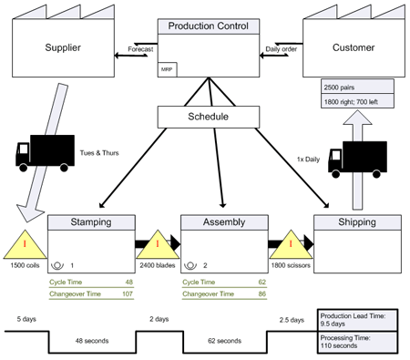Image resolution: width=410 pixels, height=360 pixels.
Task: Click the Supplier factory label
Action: coord(57,46)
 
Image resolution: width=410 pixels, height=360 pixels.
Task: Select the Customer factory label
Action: coord(353,46)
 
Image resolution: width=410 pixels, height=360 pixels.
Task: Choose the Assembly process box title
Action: coord(223,222)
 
